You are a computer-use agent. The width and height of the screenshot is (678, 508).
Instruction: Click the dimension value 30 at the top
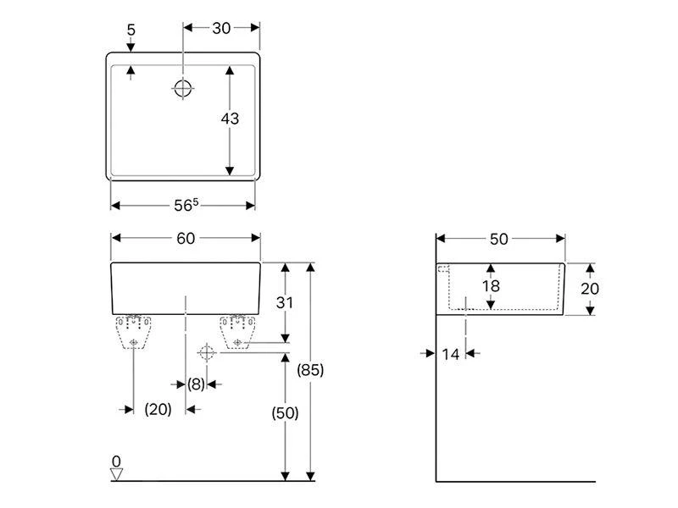(x=222, y=27)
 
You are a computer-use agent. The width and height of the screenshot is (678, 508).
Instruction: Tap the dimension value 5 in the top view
(x=130, y=29)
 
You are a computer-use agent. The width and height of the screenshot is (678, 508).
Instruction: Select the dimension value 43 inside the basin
(x=230, y=119)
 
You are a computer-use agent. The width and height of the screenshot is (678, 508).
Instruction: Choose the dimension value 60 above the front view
(x=186, y=239)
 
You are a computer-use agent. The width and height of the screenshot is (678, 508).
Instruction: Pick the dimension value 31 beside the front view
(x=286, y=302)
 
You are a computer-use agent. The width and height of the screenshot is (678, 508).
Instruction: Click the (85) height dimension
(x=311, y=370)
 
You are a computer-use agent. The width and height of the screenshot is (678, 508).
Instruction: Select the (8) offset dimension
(x=196, y=384)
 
